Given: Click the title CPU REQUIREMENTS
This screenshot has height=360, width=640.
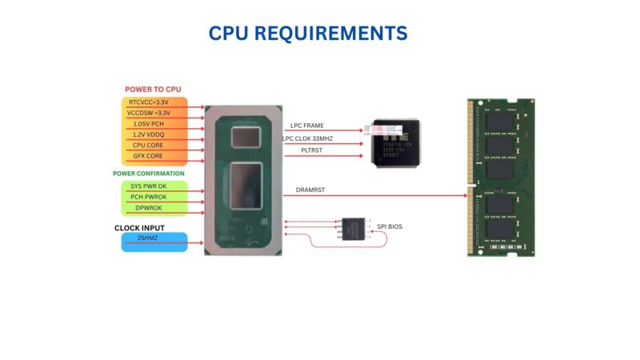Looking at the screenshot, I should pos(308,33).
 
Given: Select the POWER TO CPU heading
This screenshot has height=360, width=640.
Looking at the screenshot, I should pos(158,89).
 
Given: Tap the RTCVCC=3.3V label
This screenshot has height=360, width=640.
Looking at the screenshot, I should pos(149,102).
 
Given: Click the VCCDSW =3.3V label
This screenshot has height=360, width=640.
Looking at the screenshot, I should pos(149,113).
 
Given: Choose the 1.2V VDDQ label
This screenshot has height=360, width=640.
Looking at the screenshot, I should pos(149,134).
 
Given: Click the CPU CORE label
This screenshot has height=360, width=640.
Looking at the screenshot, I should pos(149,145).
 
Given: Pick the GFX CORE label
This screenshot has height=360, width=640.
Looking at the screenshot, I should pos(149,155).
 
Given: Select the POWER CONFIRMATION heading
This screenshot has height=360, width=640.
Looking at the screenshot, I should pos(149,173).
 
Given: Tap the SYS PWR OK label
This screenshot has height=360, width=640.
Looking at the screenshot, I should pos(149,186).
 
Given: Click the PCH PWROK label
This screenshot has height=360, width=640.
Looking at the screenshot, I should pos(149,197).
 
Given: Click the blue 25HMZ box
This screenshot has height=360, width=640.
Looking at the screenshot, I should pos(154,242).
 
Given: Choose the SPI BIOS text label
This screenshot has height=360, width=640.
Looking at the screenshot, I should pos(390,227).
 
